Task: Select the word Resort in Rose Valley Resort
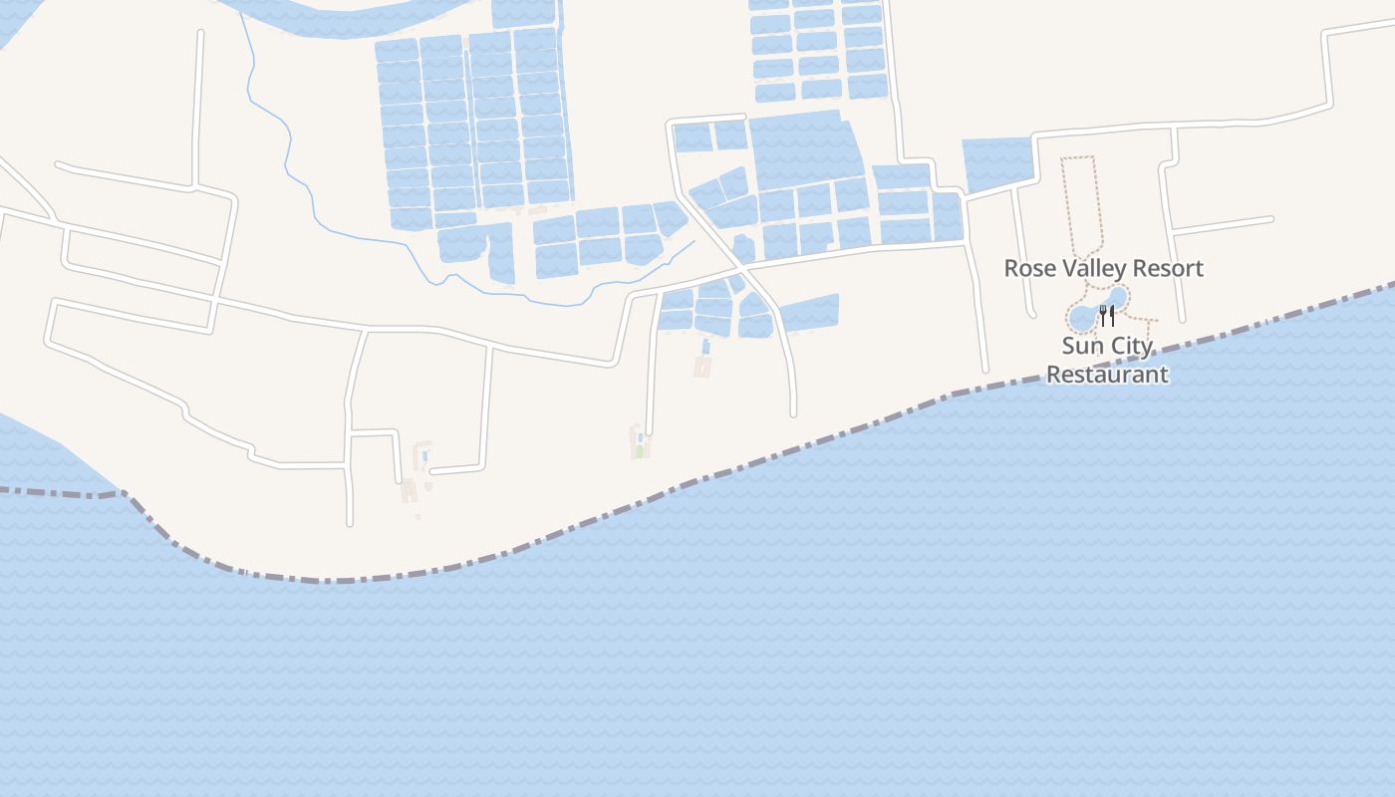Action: (x=1167, y=268)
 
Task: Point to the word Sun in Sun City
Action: (x=1079, y=347)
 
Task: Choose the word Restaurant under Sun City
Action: (x=1106, y=375)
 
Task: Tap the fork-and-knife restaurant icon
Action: (x=1106, y=315)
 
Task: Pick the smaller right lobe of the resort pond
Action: (x=1117, y=297)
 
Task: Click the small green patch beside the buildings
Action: (x=639, y=451)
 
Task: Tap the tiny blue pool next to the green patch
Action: (x=639, y=437)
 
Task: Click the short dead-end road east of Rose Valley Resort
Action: (x=1224, y=224)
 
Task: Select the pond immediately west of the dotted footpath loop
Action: (x=995, y=162)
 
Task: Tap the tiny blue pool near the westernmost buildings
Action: (x=425, y=456)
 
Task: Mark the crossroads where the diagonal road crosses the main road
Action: (x=741, y=268)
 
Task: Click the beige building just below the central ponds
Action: (x=702, y=367)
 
